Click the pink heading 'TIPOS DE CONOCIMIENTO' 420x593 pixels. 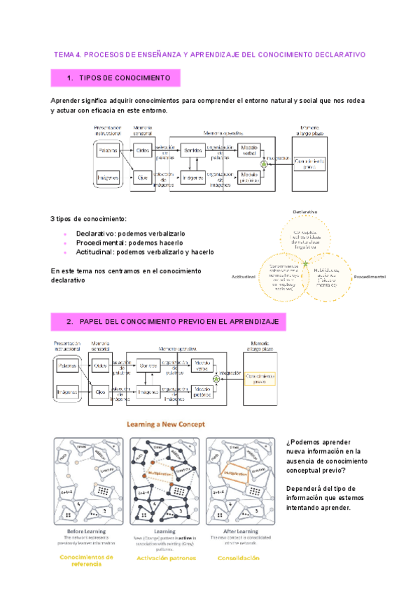coord(121,78)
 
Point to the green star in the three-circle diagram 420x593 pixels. coord(306,264)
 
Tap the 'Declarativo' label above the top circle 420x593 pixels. coord(306,211)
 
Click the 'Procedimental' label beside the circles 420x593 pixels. coord(369,277)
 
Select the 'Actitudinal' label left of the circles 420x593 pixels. coord(244,277)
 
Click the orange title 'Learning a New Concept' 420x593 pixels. coord(164,424)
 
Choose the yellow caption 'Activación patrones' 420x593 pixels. coord(166,558)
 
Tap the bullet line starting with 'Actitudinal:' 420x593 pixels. coord(145,252)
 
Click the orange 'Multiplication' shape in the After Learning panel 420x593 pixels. coord(231,473)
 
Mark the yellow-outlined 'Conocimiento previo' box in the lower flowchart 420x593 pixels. coord(260,378)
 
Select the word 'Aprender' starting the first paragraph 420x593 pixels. coord(66,101)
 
